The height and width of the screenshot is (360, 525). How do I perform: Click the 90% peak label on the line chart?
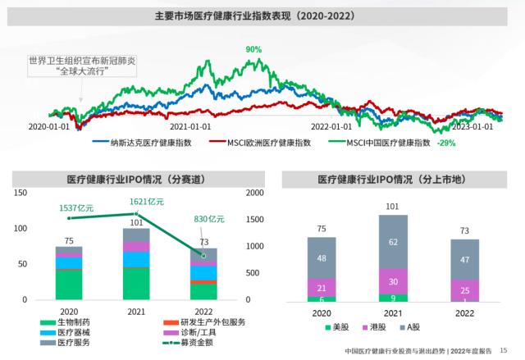click(253, 49)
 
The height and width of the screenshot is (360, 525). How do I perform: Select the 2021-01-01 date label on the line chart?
click(189, 126)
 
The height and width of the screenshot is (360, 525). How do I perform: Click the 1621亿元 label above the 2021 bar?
click(147, 201)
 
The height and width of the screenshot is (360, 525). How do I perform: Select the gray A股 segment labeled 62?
click(393, 243)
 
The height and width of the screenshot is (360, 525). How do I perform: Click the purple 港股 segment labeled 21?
click(322, 287)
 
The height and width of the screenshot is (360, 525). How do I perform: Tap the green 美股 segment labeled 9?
click(393, 298)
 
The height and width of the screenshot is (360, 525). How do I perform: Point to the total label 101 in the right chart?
click(393, 207)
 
